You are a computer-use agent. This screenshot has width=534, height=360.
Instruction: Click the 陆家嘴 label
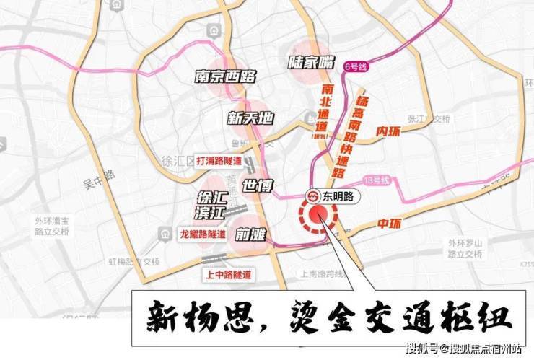312,63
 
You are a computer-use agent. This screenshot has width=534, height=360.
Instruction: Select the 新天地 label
250,118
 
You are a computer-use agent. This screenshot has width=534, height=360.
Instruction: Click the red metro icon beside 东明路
314,196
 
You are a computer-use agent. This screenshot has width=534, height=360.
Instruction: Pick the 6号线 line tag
356,66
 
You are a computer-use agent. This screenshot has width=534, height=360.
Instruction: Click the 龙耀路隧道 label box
203,234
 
